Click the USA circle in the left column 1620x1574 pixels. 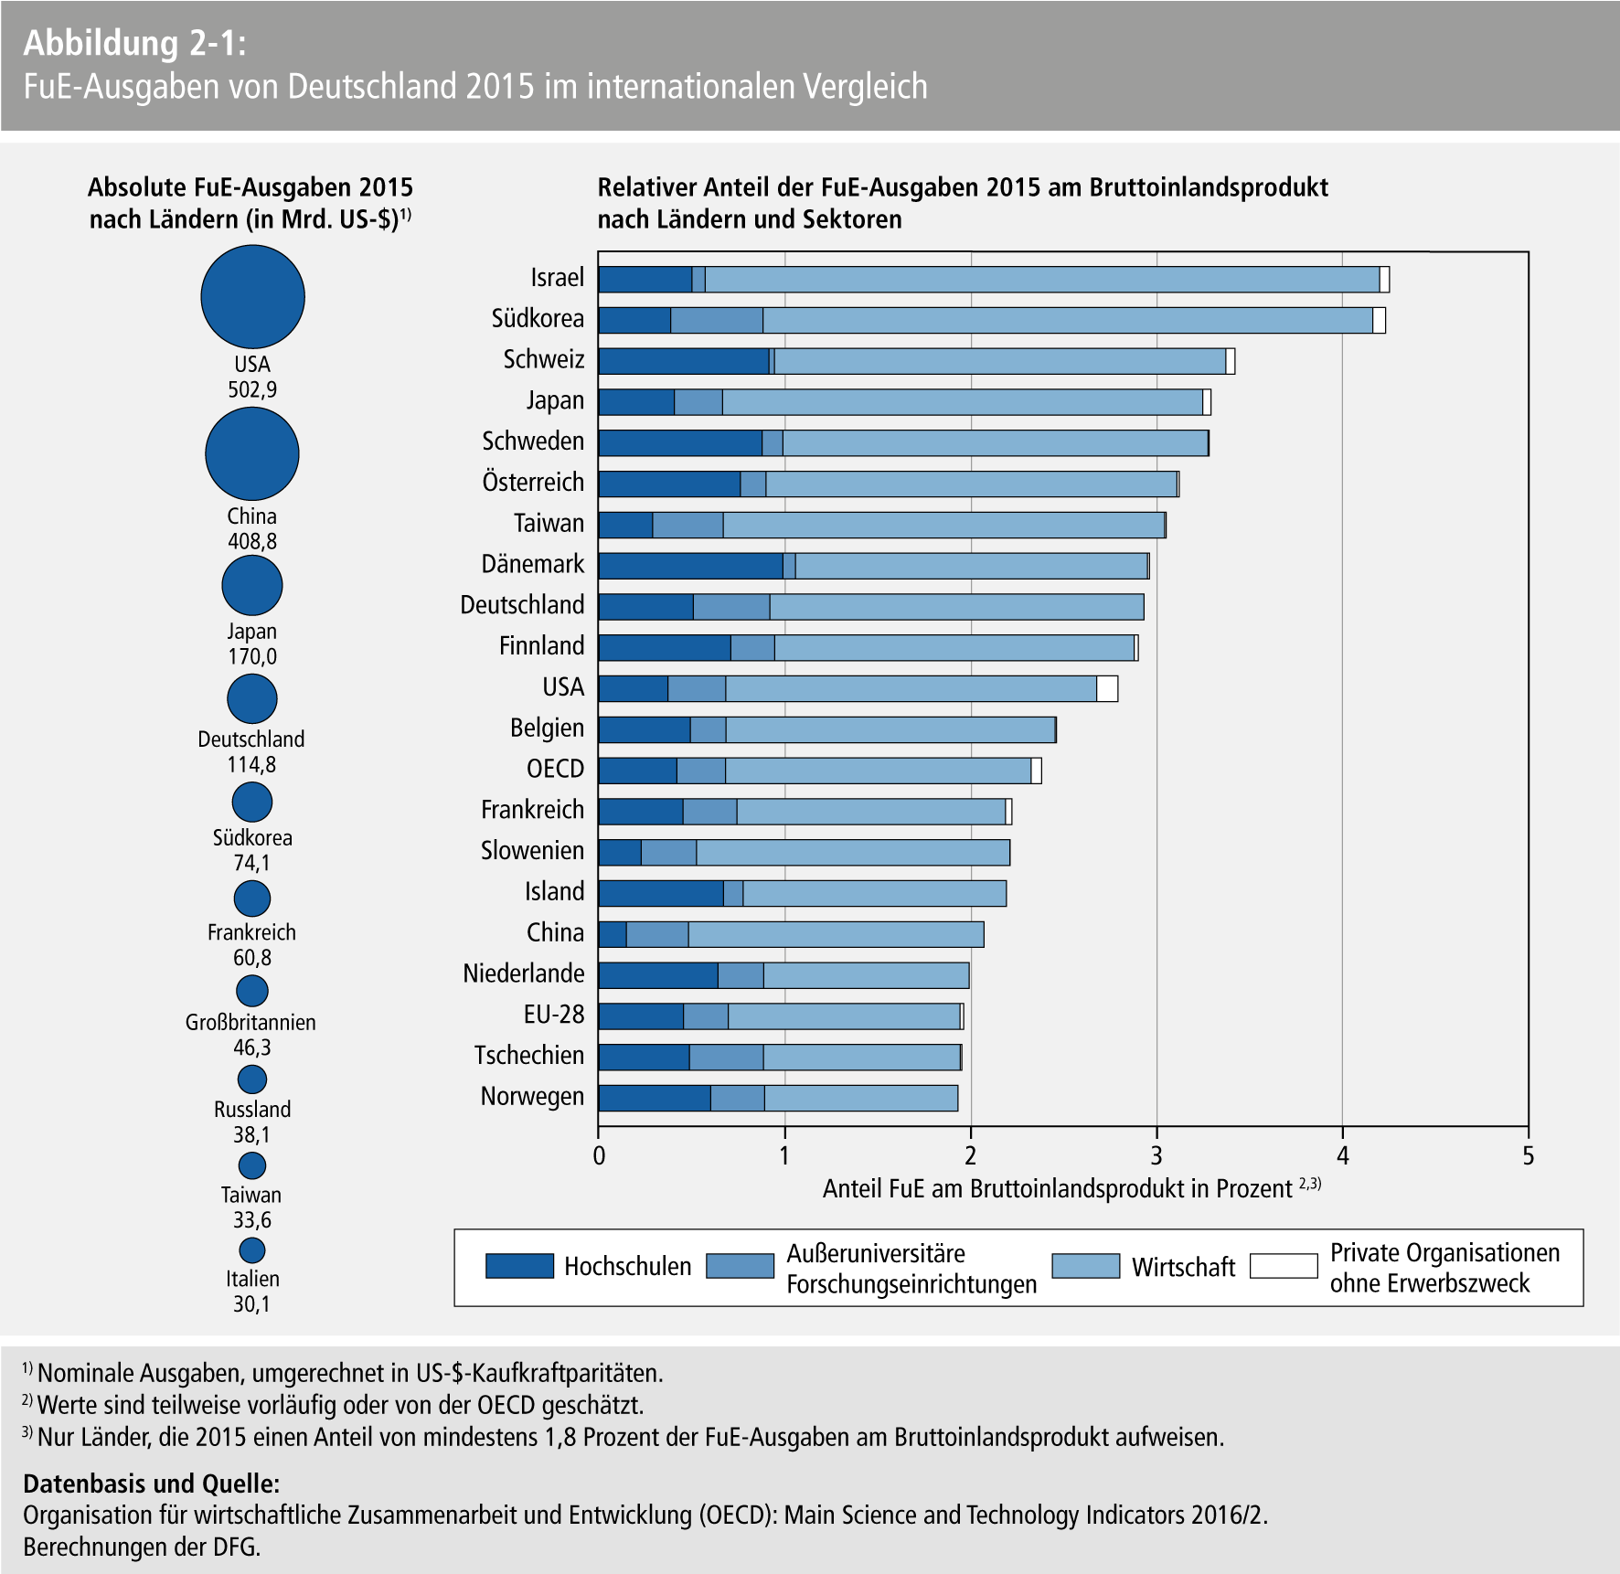pyautogui.click(x=252, y=297)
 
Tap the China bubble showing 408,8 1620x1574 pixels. pyautogui.click(x=252, y=453)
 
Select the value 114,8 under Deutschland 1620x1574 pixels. pyautogui.click(x=251, y=764)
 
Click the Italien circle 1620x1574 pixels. pyautogui.click(x=252, y=1250)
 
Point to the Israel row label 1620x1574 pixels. pyautogui.click(x=557, y=278)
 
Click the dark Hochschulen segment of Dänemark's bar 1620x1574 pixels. pyautogui.click(x=690, y=566)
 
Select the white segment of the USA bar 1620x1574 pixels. pyautogui.click(x=1106, y=688)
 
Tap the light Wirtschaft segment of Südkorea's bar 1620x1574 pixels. pyautogui.click(x=1067, y=320)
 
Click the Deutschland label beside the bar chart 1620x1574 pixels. pyautogui.click(x=522, y=605)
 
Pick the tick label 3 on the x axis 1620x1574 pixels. pyautogui.click(x=1156, y=1156)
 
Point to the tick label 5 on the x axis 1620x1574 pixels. pyautogui.click(x=1528, y=1156)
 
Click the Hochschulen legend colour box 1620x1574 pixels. pyautogui.click(x=519, y=1266)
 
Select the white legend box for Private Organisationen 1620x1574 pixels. pyautogui.click(x=1284, y=1266)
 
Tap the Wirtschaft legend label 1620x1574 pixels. pyautogui.click(x=1183, y=1267)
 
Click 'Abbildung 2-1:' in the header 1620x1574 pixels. pyautogui.click(x=134, y=43)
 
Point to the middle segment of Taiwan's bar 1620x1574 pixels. pyautogui.click(x=687, y=525)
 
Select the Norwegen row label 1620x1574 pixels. pyautogui.click(x=532, y=1097)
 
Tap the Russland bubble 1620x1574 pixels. pyautogui.click(x=252, y=1079)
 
